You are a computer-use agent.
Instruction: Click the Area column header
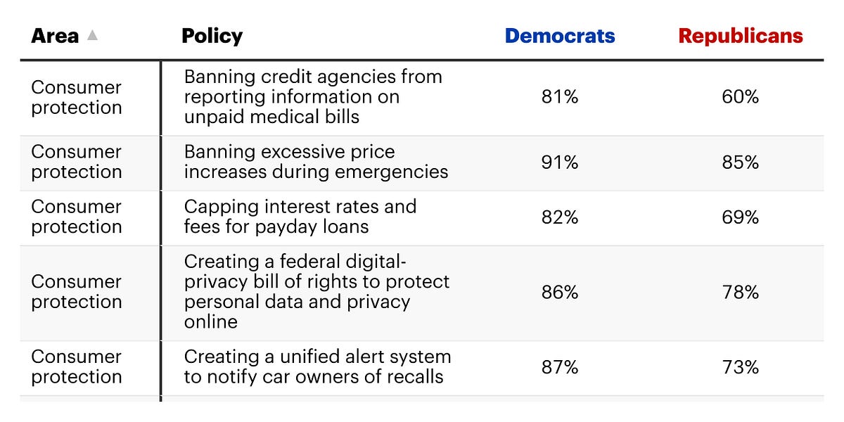click(x=55, y=36)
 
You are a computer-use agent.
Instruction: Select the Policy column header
click(x=212, y=36)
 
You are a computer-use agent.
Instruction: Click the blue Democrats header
click(x=560, y=36)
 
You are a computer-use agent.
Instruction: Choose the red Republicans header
click(x=741, y=36)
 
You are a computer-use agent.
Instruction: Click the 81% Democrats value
click(x=560, y=97)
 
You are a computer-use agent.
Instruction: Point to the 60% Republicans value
click(x=741, y=97)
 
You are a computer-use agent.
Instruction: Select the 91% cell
click(x=560, y=162)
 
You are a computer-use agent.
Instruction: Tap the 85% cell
click(x=741, y=162)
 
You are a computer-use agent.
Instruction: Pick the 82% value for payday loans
click(x=560, y=217)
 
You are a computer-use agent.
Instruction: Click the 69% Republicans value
click(x=741, y=217)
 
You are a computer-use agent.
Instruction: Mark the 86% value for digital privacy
click(x=560, y=292)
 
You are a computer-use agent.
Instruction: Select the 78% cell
click(x=741, y=292)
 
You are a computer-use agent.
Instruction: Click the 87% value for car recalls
click(x=560, y=367)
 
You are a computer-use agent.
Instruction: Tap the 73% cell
click(x=741, y=367)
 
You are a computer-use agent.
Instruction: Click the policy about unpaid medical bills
click(x=313, y=97)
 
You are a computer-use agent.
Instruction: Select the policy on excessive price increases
click(x=316, y=162)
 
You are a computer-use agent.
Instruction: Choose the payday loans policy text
click(x=300, y=217)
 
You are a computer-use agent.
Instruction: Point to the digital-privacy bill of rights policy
click(x=316, y=292)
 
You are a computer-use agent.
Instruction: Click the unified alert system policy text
click(x=317, y=367)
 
